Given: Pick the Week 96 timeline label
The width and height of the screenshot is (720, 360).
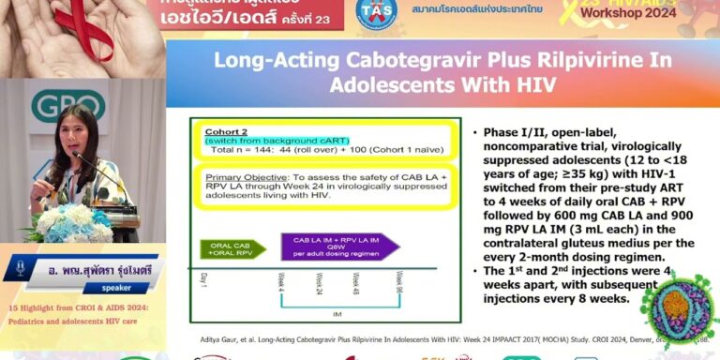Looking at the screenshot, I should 399,282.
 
